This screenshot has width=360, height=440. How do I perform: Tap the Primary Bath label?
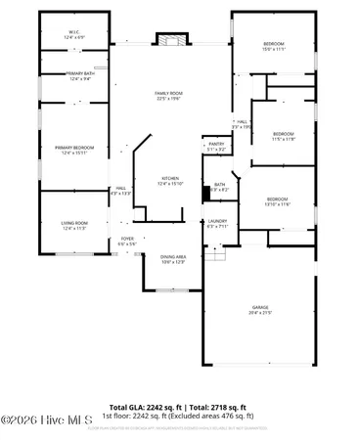point(79,74)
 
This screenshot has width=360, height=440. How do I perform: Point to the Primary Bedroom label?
point(74,148)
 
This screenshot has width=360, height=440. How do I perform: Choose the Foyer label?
point(126,239)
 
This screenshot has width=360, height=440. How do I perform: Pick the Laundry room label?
point(216,222)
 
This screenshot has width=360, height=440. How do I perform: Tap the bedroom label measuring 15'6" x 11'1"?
point(273,45)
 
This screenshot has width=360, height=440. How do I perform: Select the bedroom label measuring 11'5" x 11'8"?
point(283,135)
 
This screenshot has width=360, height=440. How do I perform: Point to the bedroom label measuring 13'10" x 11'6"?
point(278,199)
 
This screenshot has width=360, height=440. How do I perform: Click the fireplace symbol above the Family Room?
point(170,40)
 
